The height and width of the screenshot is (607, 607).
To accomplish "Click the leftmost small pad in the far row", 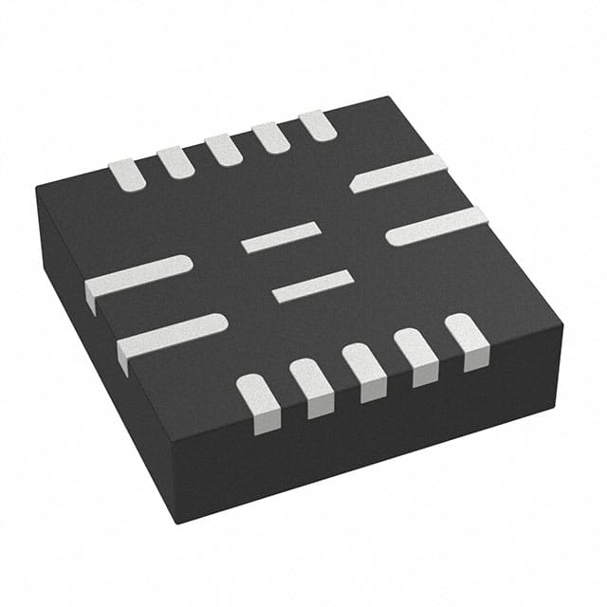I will pos(126,173).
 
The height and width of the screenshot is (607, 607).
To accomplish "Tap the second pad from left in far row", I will pos(176,161).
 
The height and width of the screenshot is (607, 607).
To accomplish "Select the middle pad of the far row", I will pos(224,149).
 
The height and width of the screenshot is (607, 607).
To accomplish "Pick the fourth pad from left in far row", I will pos(271,137).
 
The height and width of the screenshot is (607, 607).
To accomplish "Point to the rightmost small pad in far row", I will pos(318,125).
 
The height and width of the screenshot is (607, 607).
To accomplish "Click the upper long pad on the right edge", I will pos(398,174).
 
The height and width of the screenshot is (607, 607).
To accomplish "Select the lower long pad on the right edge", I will pos(436,226).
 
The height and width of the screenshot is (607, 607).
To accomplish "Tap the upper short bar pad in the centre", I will pos(280,237).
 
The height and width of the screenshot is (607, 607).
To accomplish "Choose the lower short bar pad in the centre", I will pos(313,286).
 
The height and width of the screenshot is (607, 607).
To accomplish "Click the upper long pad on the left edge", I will pos(138,278).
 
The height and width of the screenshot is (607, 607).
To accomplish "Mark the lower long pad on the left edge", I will pos(172,335).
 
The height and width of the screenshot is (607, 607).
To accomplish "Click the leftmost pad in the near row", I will pos(259,402).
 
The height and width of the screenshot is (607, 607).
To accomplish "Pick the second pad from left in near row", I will pos(312,386).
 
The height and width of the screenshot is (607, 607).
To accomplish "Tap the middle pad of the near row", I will pos(364,370).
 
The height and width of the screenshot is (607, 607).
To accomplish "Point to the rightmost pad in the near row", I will pos(467,339).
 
